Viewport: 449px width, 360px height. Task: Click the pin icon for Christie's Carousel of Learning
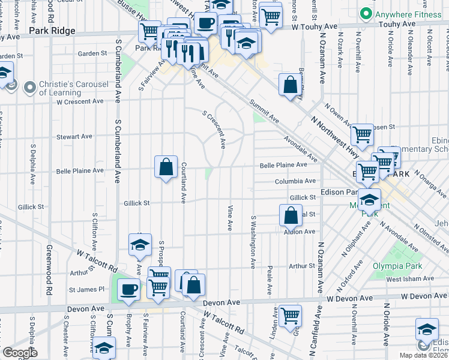point(29,88)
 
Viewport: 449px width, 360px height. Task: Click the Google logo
point(19,352)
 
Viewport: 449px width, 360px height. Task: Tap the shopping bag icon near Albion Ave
point(290,215)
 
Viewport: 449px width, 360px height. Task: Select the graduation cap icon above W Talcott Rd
point(140,244)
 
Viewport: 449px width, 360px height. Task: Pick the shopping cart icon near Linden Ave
point(290,314)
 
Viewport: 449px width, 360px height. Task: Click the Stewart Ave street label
point(74,137)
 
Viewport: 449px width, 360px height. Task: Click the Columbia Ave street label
point(295,181)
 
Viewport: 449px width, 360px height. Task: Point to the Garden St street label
point(92,53)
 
